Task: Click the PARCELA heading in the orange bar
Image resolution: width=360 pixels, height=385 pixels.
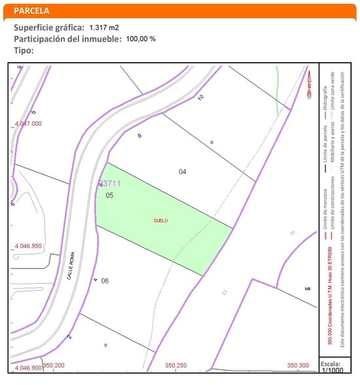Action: tap(31, 11)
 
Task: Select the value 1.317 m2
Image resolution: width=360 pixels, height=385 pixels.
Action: tap(103, 27)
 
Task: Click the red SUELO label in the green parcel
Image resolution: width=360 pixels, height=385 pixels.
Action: tap(160, 221)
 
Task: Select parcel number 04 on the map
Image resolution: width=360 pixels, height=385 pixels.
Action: tap(183, 172)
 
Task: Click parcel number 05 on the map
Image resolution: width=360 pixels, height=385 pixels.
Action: tap(110, 195)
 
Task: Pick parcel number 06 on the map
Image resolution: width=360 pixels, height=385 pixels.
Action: tap(105, 281)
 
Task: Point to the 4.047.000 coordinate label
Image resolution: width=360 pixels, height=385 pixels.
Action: tap(27, 123)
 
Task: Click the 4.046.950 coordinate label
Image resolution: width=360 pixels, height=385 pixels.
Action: tap(27, 247)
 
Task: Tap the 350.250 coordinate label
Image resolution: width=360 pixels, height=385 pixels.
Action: tap(177, 365)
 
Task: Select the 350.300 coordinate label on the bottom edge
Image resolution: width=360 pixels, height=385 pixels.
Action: tap(298, 365)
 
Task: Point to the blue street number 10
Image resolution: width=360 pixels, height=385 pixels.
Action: tap(200, 98)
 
